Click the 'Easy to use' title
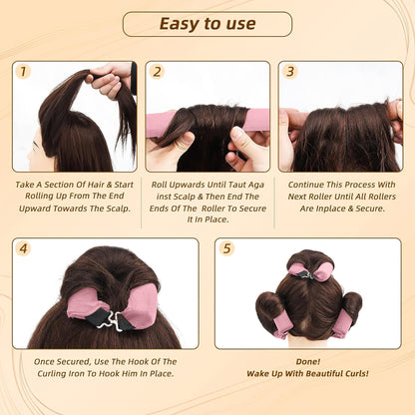coord(207,24)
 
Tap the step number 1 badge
coord(23,72)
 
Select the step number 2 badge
coord(157,72)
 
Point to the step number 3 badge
coord(290,72)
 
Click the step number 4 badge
coord(23,248)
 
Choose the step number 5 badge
coord(226,248)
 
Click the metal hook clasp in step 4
coord(110,320)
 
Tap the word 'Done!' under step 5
coord(308,361)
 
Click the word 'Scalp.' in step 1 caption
coord(119,208)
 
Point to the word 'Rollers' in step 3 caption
coord(382,197)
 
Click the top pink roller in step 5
coord(311,271)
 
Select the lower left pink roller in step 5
coord(282,326)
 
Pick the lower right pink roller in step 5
coord(342,323)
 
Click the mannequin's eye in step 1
coord(35,145)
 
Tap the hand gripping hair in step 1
coord(110,80)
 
